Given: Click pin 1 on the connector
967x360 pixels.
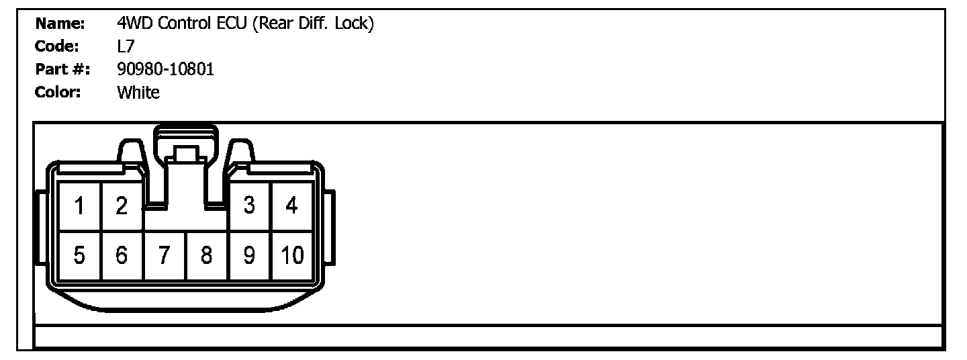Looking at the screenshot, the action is (79, 206).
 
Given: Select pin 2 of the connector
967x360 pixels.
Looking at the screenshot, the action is (122, 206).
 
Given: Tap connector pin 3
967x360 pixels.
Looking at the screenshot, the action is (249, 206).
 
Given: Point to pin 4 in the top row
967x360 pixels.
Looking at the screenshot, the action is (291, 206).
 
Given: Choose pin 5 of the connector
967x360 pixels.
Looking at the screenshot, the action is (79, 255).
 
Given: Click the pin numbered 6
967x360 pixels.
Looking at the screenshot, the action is (122, 255).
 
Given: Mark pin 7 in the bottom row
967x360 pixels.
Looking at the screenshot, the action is (165, 255).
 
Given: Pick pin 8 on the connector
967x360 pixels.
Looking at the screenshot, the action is (207, 255).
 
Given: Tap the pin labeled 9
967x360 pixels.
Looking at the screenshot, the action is (249, 255).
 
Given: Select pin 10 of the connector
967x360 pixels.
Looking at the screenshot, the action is (291, 255).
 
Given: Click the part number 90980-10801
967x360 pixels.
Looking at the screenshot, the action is (165, 69).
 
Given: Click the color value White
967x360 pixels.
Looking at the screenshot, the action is (138, 92).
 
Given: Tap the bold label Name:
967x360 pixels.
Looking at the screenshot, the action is (60, 24).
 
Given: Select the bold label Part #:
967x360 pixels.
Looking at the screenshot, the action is (62, 69).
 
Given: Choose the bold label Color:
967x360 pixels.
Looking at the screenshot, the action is (58, 92).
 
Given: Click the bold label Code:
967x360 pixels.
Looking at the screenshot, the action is (58, 47).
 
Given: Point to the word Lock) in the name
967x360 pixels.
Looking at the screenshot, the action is (353, 24).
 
